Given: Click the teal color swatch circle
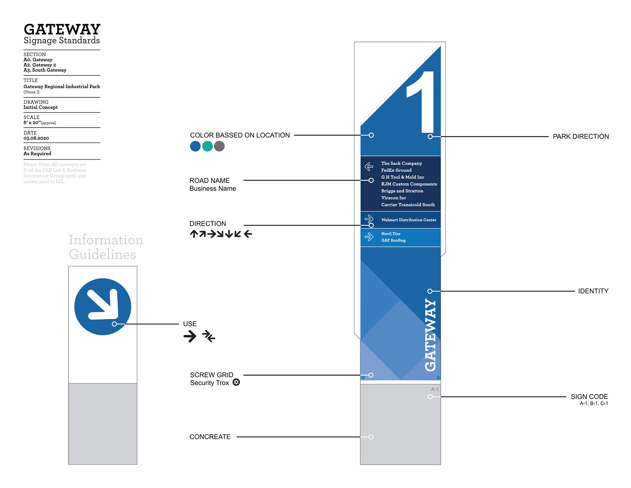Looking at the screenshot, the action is click(x=207, y=146).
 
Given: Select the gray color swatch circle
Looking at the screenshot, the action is click(x=219, y=146).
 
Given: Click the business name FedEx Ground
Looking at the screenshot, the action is click(x=396, y=170).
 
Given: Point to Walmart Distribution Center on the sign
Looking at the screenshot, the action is click(x=409, y=220).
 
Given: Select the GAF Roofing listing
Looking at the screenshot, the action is click(x=393, y=240).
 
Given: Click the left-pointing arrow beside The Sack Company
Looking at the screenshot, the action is click(x=369, y=167).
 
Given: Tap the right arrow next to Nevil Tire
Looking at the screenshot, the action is click(x=369, y=237).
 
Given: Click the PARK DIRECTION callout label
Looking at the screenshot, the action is click(x=580, y=136).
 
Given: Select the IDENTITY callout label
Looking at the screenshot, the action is click(x=593, y=291).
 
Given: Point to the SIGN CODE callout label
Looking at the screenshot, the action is click(x=589, y=397).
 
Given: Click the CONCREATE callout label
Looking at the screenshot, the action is click(x=210, y=437).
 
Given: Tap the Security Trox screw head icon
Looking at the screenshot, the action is click(x=236, y=382).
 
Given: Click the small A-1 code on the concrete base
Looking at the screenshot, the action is click(x=434, y=389).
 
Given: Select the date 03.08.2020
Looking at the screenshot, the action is click(x=36, y=138).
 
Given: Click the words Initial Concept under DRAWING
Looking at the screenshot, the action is click(x=40, y=107).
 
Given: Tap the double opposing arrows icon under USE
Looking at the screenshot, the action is click(x=209, y=336).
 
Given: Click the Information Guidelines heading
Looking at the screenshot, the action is click(x=105, y=247).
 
